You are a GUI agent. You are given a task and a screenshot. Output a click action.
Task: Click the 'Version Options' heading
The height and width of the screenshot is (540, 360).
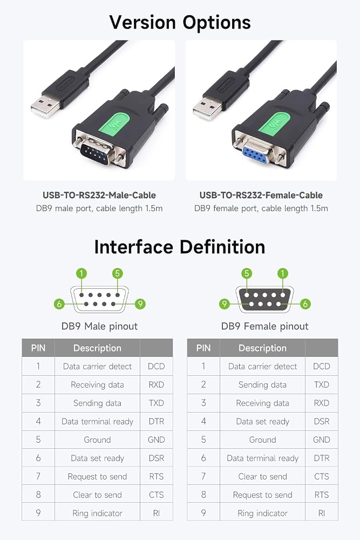[180, 23]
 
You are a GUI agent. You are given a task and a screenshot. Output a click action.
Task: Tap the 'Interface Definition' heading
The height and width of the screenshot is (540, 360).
[180, 247]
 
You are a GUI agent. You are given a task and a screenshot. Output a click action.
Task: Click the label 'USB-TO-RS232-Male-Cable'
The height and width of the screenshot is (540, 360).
[99, 195]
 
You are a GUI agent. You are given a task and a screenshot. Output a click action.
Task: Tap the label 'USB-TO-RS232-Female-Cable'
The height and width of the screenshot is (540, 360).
[261, 195]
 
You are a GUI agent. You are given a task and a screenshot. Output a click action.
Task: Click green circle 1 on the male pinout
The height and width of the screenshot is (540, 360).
[81, 273]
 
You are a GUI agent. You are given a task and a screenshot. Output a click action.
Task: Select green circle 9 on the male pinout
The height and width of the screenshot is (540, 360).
[140, 303]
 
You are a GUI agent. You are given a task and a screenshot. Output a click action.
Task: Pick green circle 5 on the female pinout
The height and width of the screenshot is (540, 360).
[247, 273]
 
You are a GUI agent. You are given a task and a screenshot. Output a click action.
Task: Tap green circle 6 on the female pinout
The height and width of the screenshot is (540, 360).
[305, 303]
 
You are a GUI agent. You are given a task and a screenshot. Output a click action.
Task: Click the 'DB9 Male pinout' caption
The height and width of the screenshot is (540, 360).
[99, 326]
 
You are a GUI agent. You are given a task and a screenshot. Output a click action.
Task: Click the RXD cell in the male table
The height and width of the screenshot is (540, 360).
[157, 384]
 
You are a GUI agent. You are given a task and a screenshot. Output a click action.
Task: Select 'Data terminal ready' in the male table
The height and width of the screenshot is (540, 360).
[97, 422]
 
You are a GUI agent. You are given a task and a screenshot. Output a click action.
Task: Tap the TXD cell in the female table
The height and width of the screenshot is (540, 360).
[322, 384]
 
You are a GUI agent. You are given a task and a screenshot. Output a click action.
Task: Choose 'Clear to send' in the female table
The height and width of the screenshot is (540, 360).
[263, 477]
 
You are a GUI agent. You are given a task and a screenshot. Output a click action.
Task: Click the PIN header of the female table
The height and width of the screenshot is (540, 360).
[203, 348]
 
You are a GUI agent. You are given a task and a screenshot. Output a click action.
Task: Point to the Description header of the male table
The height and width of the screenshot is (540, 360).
[97, 348]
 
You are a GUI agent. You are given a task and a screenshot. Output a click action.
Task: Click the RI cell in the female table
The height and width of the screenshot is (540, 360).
[322, 513]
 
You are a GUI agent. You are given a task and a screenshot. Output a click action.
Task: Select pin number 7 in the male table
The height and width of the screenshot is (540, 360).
[38, 476]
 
